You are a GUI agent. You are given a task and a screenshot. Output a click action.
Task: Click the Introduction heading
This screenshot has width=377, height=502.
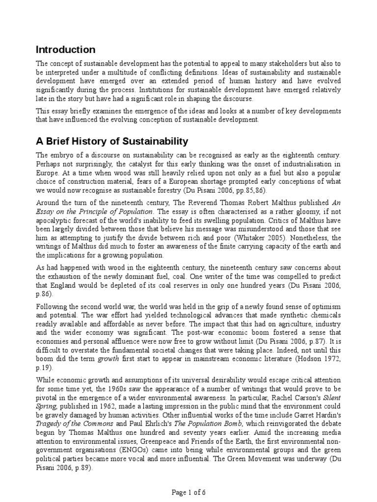pos(66,50)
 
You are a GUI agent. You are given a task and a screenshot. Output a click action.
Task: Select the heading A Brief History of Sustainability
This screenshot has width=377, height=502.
pos(112,142)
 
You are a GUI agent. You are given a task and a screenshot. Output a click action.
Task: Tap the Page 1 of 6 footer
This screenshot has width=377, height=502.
pos(188,492)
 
